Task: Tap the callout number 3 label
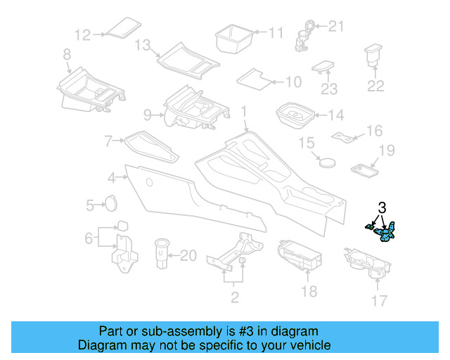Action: pos(382,207)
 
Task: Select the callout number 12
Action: pos(83,34)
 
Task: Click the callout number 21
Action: pos(337,27)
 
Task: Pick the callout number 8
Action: pos(67,54)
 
